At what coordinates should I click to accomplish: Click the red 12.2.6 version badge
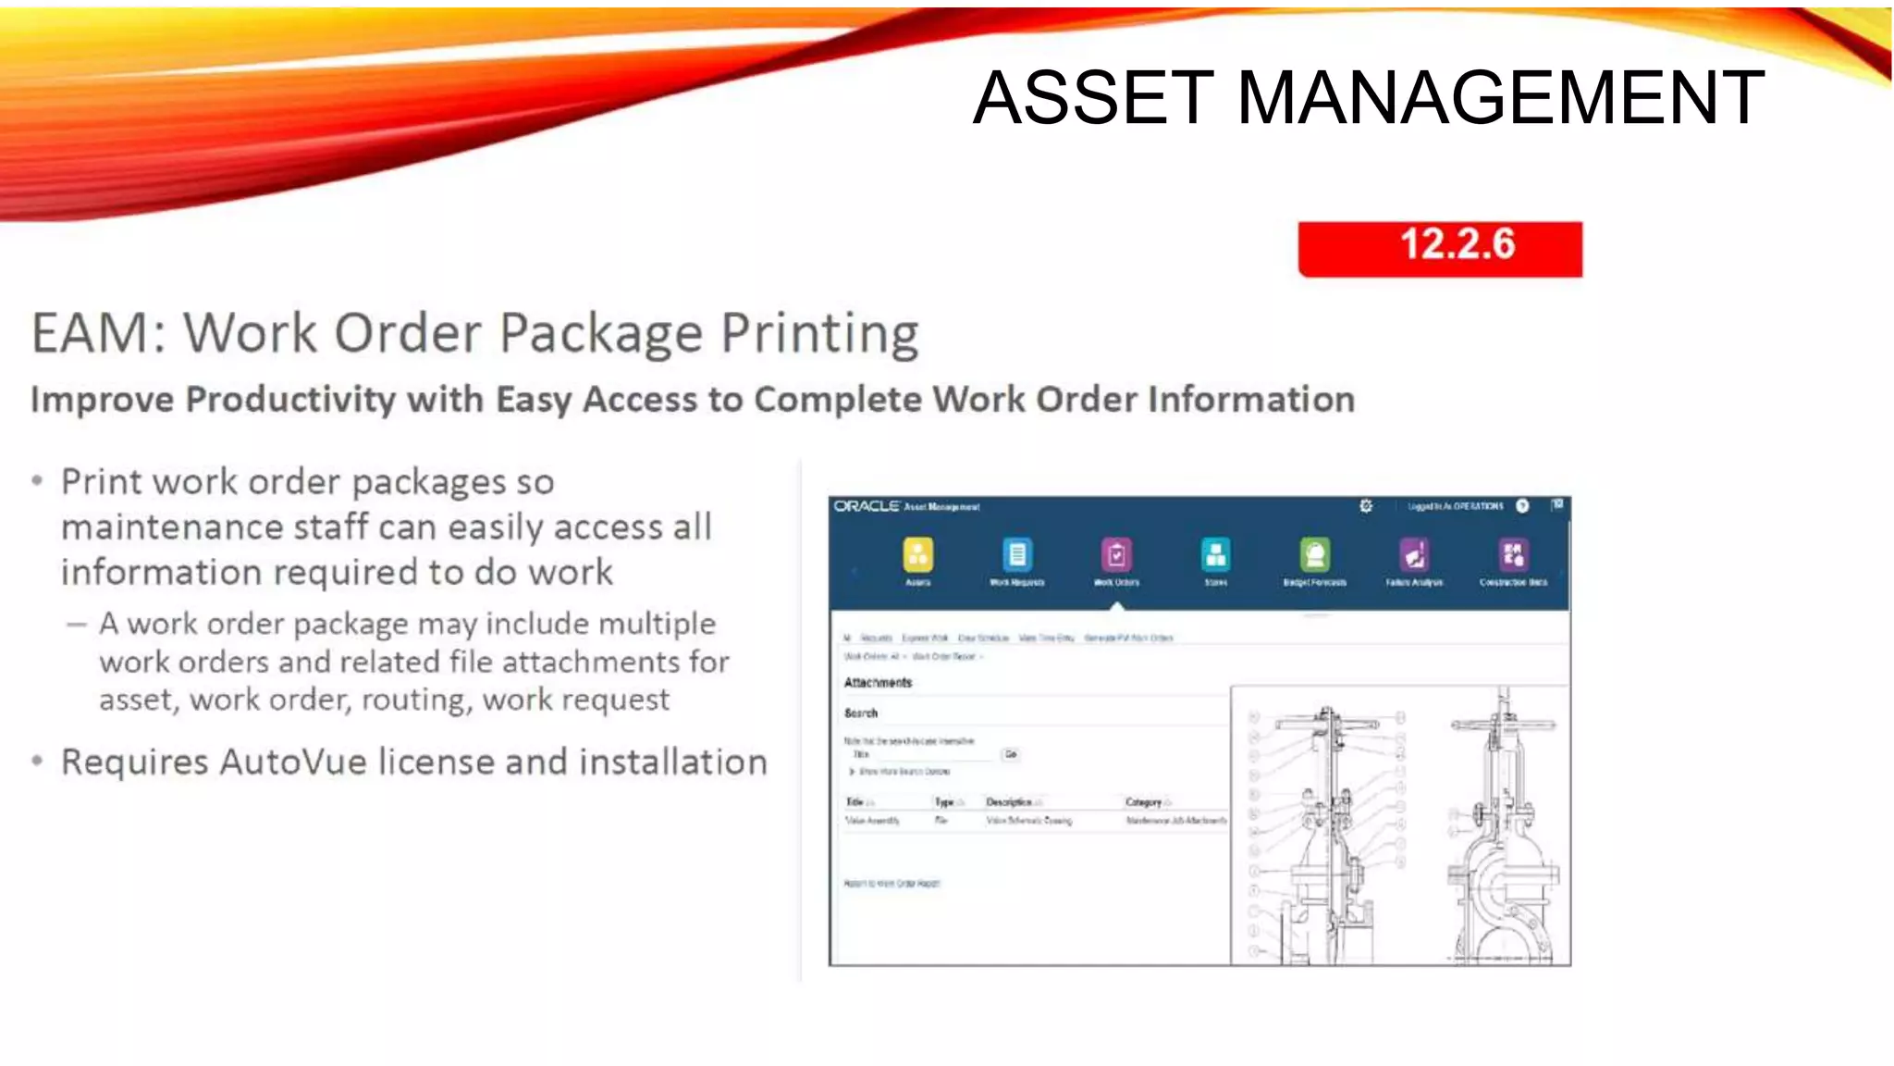pyautogui.click(x=1440, y=248)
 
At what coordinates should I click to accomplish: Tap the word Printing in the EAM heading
pyautogui.click(x=819, y=333)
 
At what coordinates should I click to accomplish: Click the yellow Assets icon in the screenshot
pyautogui.click(x=917, y=555)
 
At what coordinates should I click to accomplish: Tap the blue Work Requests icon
pyautogui.click(x=1016, y=555)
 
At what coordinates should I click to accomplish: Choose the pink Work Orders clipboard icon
pyautogui.click(x=1116, y=555)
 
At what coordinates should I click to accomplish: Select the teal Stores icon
pyautogui.click(x=1215, y=555)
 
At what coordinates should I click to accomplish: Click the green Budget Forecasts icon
pyautogui.click(x=1314, y=555)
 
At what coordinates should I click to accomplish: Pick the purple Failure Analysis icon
pyautogui.click(x=1414, y=555)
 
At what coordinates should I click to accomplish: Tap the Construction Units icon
pyautogui.click(x=1513, y=555)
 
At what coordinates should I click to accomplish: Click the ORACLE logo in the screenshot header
pyautogui.click(x=867, y=506)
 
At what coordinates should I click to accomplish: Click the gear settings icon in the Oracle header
pyautogui.click(x=1366, y=506)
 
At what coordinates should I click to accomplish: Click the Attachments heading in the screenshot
pyautogui.click(x=878, y=683)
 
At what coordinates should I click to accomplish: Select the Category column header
pyautogui.click(x=1144, y=802)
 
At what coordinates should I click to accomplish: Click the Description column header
pyautogui.click(x=1009, y=802)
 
